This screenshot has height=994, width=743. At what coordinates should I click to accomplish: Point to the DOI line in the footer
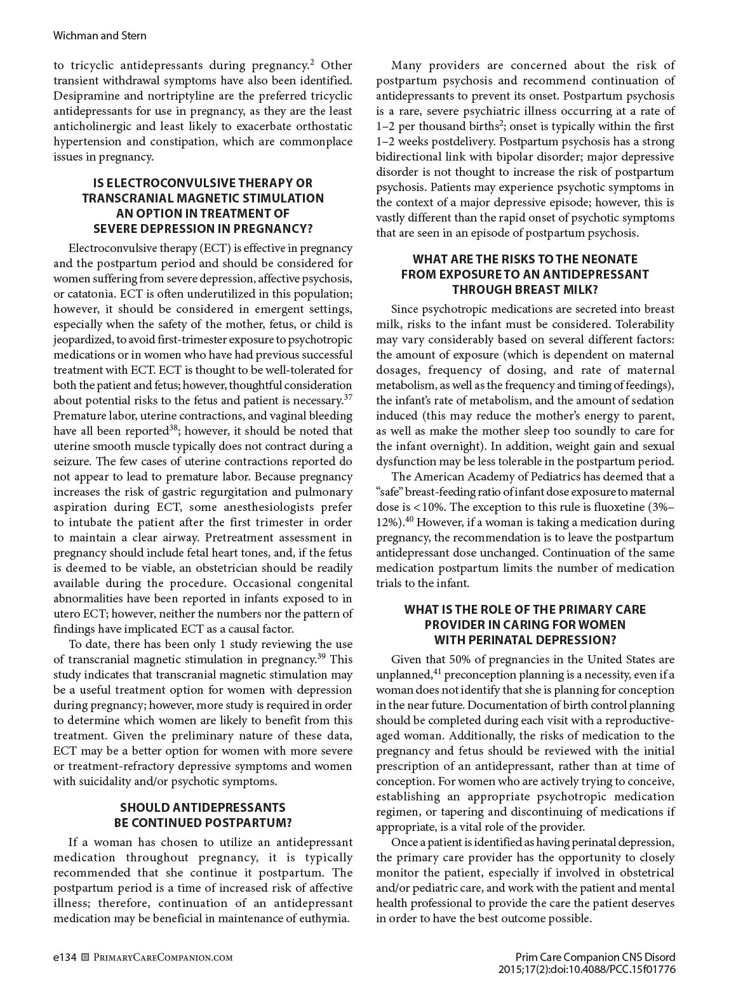[x=587, y=970]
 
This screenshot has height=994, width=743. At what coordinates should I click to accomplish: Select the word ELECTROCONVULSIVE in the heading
[x=156, y=183]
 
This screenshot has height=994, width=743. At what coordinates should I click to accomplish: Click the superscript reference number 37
[x=347, y=398]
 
